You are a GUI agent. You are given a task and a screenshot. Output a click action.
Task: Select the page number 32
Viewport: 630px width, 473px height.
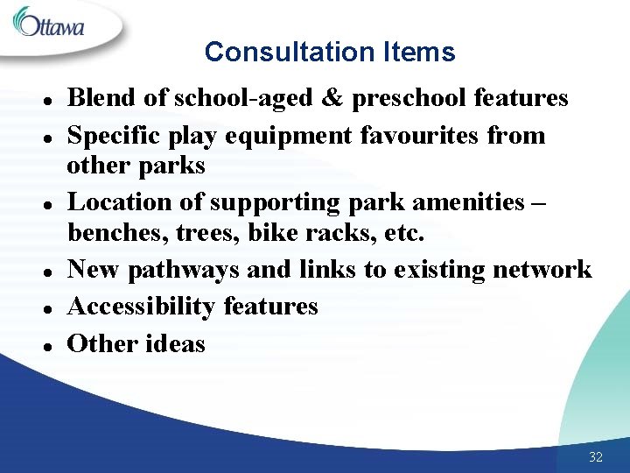(x=596, y=457)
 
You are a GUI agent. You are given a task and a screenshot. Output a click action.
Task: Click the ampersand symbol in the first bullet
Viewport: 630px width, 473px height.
(x=331, y=98)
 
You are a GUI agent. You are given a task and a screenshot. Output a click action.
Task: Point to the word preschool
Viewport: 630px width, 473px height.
(x=408, y=98)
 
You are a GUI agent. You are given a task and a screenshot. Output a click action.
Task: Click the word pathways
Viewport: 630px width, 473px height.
(x=184, y=269)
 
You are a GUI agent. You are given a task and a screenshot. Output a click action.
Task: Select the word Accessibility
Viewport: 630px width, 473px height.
(x=142, y=307)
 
